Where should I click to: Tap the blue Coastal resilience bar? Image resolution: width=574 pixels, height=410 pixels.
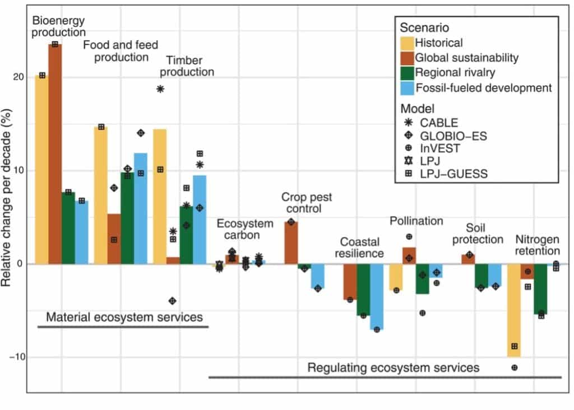(x=377, y=296)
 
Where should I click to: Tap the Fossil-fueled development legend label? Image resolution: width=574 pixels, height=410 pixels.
(x=483, y=87)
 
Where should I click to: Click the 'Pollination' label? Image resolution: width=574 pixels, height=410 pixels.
(x=416, y=221)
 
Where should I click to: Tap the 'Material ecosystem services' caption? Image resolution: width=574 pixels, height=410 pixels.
(x=124, y=317)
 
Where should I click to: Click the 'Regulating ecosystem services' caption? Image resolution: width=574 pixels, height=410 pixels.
(x=394, y=367)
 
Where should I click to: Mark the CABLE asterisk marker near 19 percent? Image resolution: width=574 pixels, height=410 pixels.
(x=160, y=89)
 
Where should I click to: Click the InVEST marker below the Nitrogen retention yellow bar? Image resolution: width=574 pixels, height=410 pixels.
(x=514, y=367)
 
